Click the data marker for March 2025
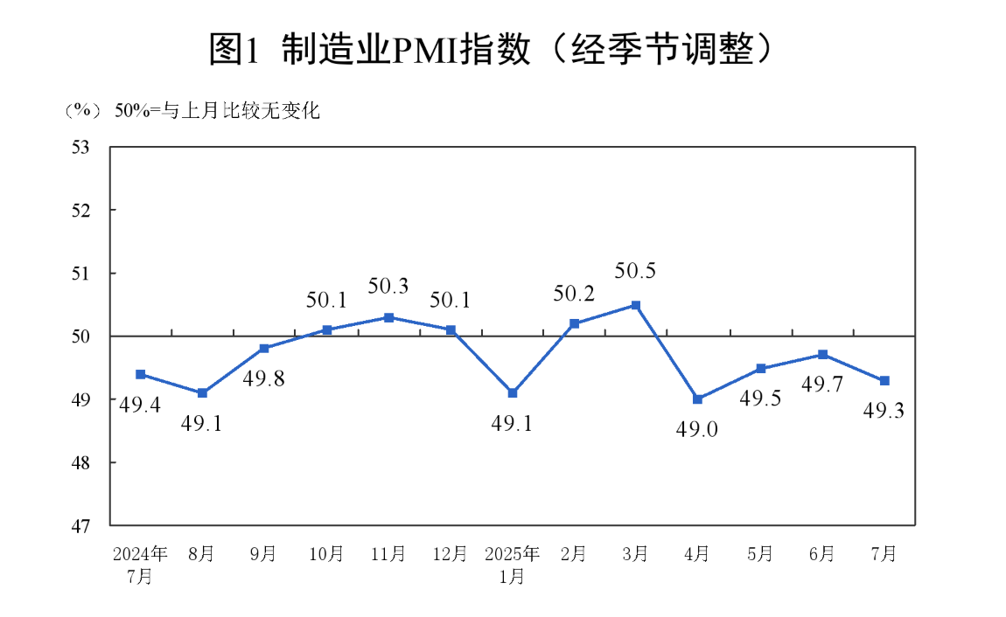click(x=636, y=305)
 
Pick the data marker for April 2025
click(x=698, y=399)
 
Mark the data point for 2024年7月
click(x=140, y=374)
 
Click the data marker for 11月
click(x=388, y=317)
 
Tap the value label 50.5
click(x=635, y=272)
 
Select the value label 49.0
click(x=698, y=429)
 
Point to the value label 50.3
click(x=388, y=285)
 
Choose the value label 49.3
click(x=884, y=409)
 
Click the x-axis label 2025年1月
click(x=513, y=565)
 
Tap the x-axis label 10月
click(x=326, y=554)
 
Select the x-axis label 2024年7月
click(x=140, y=565)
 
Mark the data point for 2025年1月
click(x=513, y=393)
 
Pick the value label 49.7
click(x=822, y=385)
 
